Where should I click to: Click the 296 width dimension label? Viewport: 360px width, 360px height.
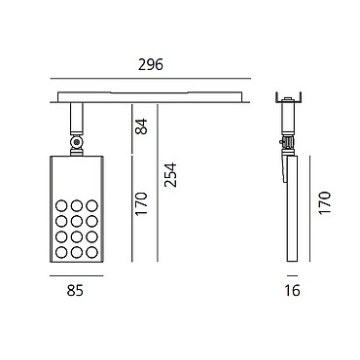pos(151,65)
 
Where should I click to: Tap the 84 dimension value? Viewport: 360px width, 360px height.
pos(141,126)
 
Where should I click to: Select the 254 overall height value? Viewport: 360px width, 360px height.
pos(170,175)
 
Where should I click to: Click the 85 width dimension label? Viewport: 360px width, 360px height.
pos(75,290)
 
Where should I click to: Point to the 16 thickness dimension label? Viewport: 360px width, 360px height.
pos(292,290)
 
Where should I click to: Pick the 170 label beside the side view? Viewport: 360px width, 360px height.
pos(324,202)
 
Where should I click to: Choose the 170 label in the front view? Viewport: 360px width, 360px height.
pos(141,204)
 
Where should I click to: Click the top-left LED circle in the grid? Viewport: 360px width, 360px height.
pos(61,205)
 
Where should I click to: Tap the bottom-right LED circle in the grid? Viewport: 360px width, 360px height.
pos(91,252)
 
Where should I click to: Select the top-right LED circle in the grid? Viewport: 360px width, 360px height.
pos(91,205)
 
